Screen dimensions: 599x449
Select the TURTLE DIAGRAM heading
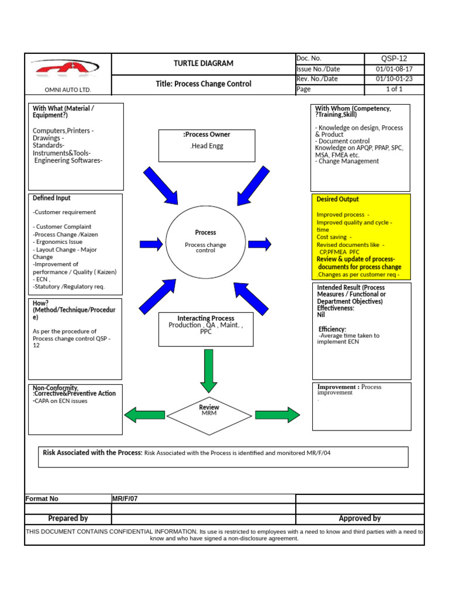[203, 63]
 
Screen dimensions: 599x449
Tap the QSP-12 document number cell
[394, 58]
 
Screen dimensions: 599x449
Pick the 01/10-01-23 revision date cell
[394, 79]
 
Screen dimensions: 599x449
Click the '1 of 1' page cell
[394, 89]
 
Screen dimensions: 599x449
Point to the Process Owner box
[206, 146]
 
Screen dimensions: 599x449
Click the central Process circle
[205, 242]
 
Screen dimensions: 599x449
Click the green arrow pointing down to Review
[209, 371]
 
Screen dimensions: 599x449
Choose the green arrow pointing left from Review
[146, 415]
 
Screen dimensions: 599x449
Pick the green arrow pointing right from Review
[277, 415]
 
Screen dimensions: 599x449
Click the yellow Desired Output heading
[338, 199]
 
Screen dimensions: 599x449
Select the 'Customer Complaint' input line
[63, 226]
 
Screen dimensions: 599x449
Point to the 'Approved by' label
[360, 518]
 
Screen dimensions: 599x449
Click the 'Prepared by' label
[68, 518]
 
